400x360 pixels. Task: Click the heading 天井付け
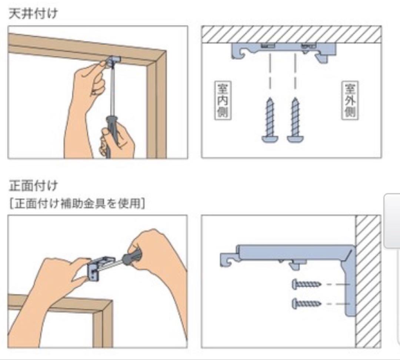[33, 13]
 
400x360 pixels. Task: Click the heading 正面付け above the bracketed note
[33, 186]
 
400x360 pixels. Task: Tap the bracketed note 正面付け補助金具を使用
[77, 204]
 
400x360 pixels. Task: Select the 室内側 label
[223, 100]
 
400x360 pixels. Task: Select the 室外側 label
[350, 100]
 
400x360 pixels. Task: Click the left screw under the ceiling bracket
[270, 120]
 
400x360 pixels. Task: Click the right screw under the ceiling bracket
[295, 120]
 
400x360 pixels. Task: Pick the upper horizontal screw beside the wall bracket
[307, 284]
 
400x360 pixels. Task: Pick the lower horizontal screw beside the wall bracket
[307, 303]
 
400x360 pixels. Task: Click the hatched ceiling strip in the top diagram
[291, 34]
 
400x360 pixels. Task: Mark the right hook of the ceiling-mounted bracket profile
[323, 56]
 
